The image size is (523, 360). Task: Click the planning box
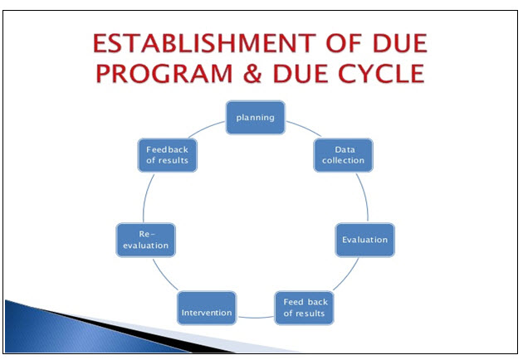pos(256,117)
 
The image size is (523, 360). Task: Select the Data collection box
pos(344,155)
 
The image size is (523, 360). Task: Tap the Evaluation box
pos(364,240)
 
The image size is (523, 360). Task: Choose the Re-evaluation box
pos(144,240)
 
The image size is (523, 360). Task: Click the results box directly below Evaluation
pos(305,308)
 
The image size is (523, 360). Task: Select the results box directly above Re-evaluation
pos(167,155)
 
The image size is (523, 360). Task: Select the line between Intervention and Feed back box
pos(255,314)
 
